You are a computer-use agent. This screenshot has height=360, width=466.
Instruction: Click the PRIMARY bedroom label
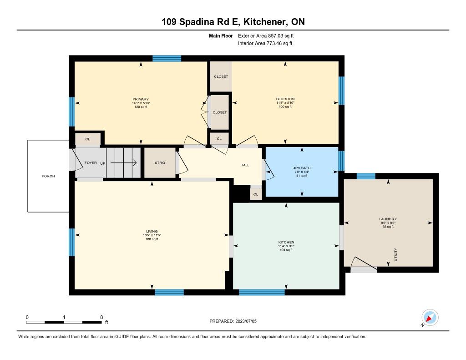pyautogui.click(x=141, y=99)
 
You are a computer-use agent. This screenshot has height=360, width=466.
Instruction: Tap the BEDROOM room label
pyautogui.click(x=285, y=99)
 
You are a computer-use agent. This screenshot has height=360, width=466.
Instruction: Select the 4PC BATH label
pyautogui.click(x=302, y=168)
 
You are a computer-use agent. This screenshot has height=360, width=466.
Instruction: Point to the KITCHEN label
pyautogui.click(x=286, y=242)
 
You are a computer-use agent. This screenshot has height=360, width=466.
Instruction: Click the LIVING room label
pyautogui.click(x=152, y=231)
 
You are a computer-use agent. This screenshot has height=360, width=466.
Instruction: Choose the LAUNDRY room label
pyautogui.click(x=388, y=219)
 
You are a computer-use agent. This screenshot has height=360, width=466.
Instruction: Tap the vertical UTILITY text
pyautogui.click(x=395, y=254)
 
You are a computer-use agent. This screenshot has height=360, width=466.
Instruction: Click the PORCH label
pyautogui.click(x=48, y=176)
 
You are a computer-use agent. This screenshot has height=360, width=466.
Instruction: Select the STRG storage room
pyautogui.click(x=160, y=163)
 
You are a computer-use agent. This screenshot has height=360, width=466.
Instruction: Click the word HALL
pyautogui.click(x=245, y=165)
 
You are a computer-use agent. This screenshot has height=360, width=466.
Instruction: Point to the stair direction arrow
pyautogui.click(x=123, y=163)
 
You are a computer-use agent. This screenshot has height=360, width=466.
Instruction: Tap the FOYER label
pyautogui.click(x=91, y=163)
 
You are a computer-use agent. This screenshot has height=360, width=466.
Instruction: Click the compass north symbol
pyautogui.click(x=430, y=318)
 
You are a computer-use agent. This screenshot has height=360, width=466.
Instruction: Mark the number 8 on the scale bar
pyautogui.click(x=101, y=317)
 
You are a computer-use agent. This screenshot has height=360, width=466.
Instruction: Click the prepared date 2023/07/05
pyautogui.click(x=246, y=321)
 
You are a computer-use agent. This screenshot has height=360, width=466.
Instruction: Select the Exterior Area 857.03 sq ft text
pyautogui.click(x=266, y=36)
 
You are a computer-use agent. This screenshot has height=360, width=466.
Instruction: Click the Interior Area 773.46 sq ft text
pyautogui.click(x=265, y=43)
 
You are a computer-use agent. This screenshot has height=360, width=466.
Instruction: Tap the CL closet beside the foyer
pyautogui.click(x=88, y=139)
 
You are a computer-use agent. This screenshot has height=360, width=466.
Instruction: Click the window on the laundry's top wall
pyautogui.click(x=366, y=176)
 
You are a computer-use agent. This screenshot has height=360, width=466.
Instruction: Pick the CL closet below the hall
pyautogui.click(x=256, y=194)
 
